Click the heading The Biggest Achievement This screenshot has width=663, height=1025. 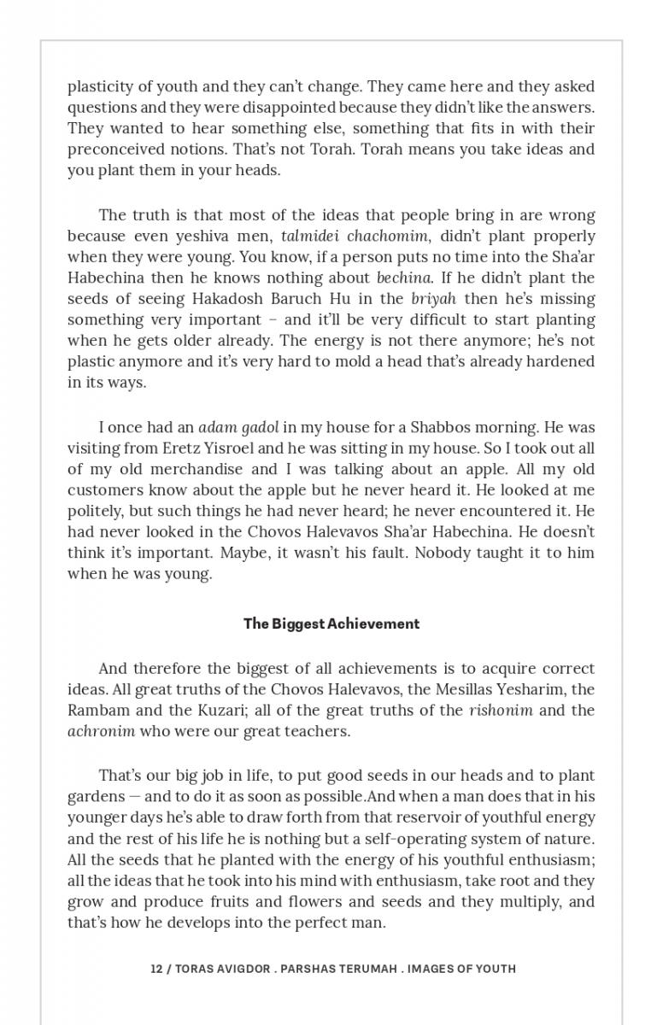pyautogui.click(x=331, y=624)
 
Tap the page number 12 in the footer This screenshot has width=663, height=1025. pyautogui.click(x=156, y=969)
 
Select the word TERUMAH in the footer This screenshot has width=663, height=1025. pyautogui.click(x=363, y=969)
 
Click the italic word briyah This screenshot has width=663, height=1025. pyautogui.click(x=433, y=299)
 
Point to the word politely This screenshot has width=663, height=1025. pyautogui.click(x=96, y=511)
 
